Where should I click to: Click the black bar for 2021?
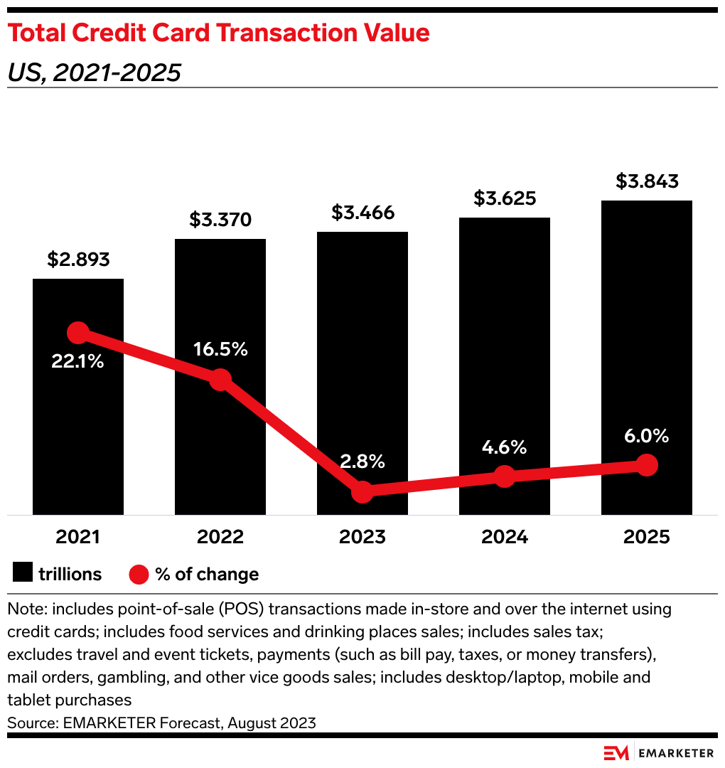78,427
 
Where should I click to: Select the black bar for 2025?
646,320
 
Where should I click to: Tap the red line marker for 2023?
362,491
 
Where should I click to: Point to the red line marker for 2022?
220,379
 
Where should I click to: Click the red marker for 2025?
646,465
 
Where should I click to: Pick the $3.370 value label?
220,220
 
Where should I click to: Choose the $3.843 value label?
647,181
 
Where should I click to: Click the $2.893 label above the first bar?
78,260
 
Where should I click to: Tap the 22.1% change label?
77,361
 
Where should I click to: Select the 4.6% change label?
504,447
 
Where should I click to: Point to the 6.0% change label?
646,436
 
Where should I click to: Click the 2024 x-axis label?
504,537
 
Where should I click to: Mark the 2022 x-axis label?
220,537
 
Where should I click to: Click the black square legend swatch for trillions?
22,574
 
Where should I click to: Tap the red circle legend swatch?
138,574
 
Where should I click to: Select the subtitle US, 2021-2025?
95,72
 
